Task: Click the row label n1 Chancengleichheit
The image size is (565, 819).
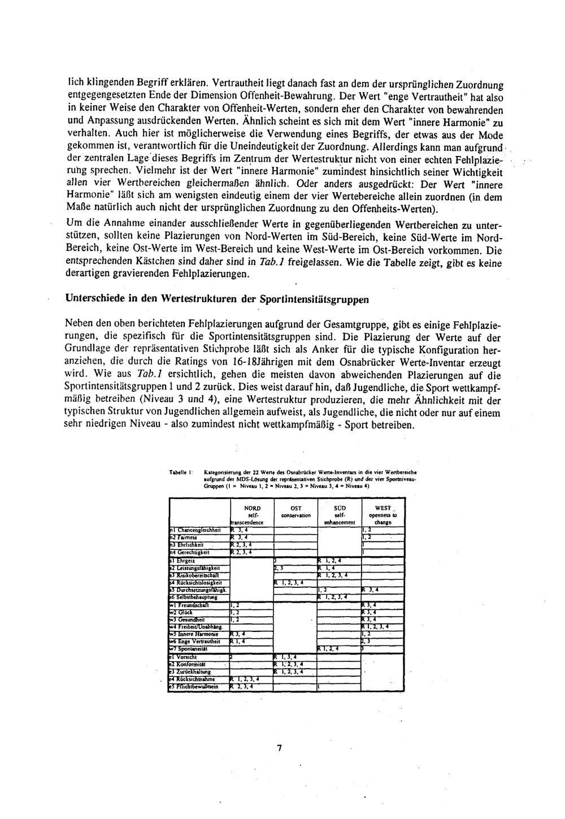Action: pos(198,530)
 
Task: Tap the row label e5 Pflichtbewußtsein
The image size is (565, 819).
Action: pos(198,687)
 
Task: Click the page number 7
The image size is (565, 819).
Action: pos(280,748)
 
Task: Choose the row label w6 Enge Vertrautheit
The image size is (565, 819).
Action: pos(197,642)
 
